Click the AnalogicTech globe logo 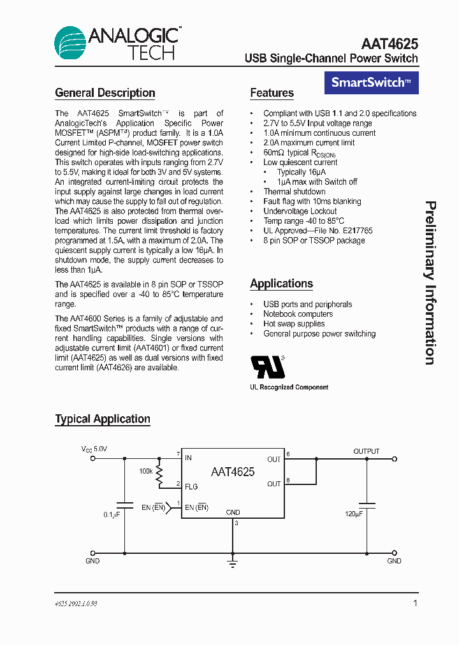pos(70,43)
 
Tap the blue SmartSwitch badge pos(372,82)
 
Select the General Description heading pos(105,93)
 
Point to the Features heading pos(272,93)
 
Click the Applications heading pos(281,284)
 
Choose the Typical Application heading pos(103,419)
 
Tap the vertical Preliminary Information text pos(431,283)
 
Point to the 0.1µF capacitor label pos(111,514)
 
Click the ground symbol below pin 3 pos(233,562)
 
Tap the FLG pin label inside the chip pos(191,486)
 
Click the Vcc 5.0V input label pos(94,449)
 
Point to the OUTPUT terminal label pos(367,451)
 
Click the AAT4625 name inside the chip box pos(233,472)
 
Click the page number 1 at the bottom pos(415,603)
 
